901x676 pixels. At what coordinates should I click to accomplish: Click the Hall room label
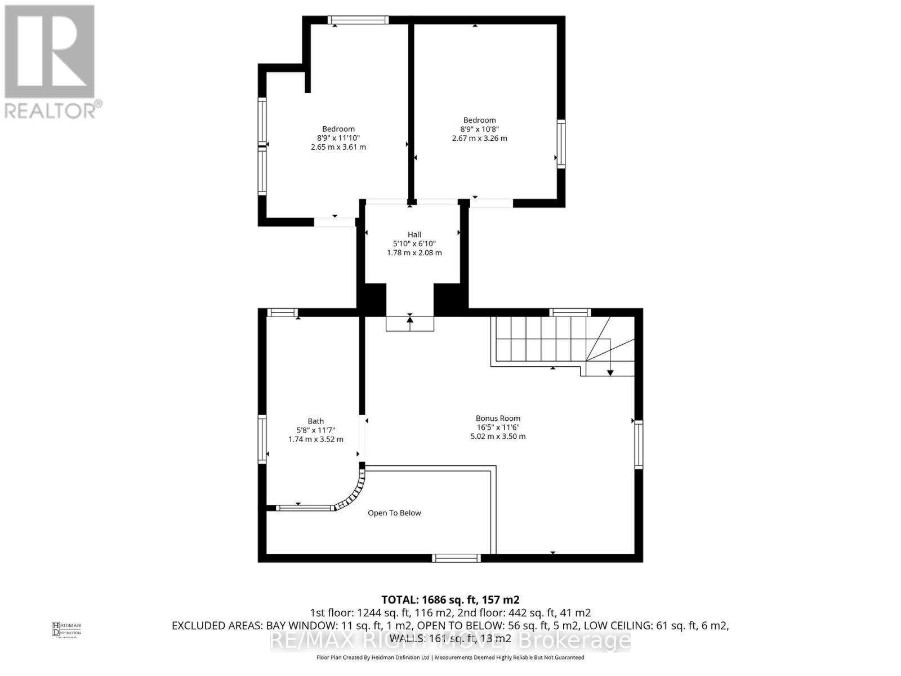click(414, 234)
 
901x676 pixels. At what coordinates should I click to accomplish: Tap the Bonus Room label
click(498, 418)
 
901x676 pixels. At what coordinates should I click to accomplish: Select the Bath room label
click(315, 421)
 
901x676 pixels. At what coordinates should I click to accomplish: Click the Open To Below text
click(394, 513)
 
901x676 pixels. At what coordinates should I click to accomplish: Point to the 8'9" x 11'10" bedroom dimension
click(338, 138)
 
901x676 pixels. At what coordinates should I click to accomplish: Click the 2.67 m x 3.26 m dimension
click(479, 138)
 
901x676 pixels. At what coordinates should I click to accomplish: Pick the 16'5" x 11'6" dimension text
click(498, 427)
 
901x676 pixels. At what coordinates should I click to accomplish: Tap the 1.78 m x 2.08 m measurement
click(414, 252)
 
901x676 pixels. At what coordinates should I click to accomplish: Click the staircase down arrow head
click(610, 372)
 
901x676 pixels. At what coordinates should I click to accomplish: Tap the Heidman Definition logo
click(66, 629)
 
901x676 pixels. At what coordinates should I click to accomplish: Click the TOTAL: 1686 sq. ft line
click(450, 599)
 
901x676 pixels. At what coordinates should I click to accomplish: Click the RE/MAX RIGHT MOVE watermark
click(450, 641)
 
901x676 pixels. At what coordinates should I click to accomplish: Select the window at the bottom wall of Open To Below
click(456, 558)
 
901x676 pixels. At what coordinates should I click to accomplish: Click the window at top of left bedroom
click(358, 20)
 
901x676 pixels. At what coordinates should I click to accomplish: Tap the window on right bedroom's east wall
click(561, 144)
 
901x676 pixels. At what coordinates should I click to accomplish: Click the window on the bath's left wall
click(262, 439)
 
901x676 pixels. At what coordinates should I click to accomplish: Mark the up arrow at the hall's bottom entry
click(410, 319)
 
